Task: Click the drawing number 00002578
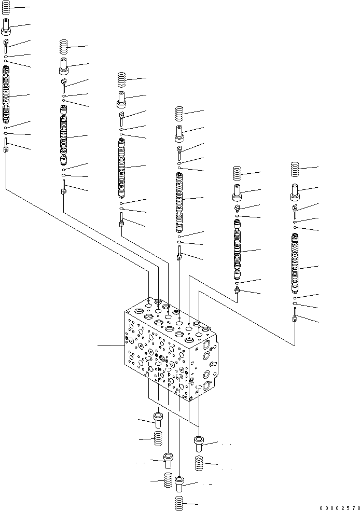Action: (x=340, y=508)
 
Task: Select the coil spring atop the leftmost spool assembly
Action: (x=6, y=7)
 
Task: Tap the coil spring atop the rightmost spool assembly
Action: (x=295, y=169)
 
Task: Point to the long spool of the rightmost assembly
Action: (x=295, y=263)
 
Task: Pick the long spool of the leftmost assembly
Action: (x=6, y=94)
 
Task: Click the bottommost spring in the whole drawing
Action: (x=179, y=503)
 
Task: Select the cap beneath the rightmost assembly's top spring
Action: (x=295, y=192)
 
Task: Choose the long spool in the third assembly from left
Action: (x=121, y=168)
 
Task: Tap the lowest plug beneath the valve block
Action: (x=179, y=484)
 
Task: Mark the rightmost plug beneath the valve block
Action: (x=198, y=444)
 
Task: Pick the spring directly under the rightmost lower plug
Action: (x=199, y=463)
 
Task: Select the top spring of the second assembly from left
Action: (x=63, y=47)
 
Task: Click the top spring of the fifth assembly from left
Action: (x=238, y=173)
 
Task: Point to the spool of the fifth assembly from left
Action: (x=238, y=250)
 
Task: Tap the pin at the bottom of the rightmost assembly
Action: (x=295, y=315)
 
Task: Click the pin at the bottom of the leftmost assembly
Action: (x=6, y=145)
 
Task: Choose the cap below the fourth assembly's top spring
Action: (x=179, y=134)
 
